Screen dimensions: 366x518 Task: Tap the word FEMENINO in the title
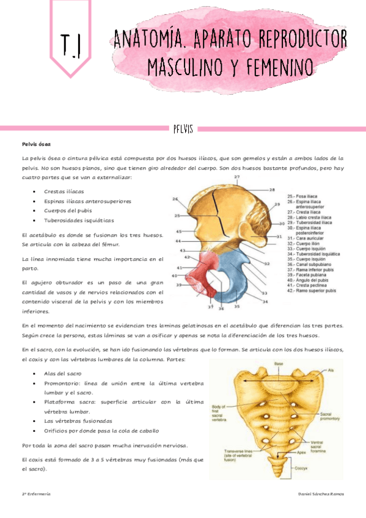(x=274, y=67)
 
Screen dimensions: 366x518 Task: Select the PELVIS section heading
(x=183, y=129)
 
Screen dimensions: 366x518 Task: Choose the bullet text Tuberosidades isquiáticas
(x=79, y=221)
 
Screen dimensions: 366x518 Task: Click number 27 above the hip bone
(x=236, y=177)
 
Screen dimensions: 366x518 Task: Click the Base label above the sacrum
(x=278, y=363)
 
